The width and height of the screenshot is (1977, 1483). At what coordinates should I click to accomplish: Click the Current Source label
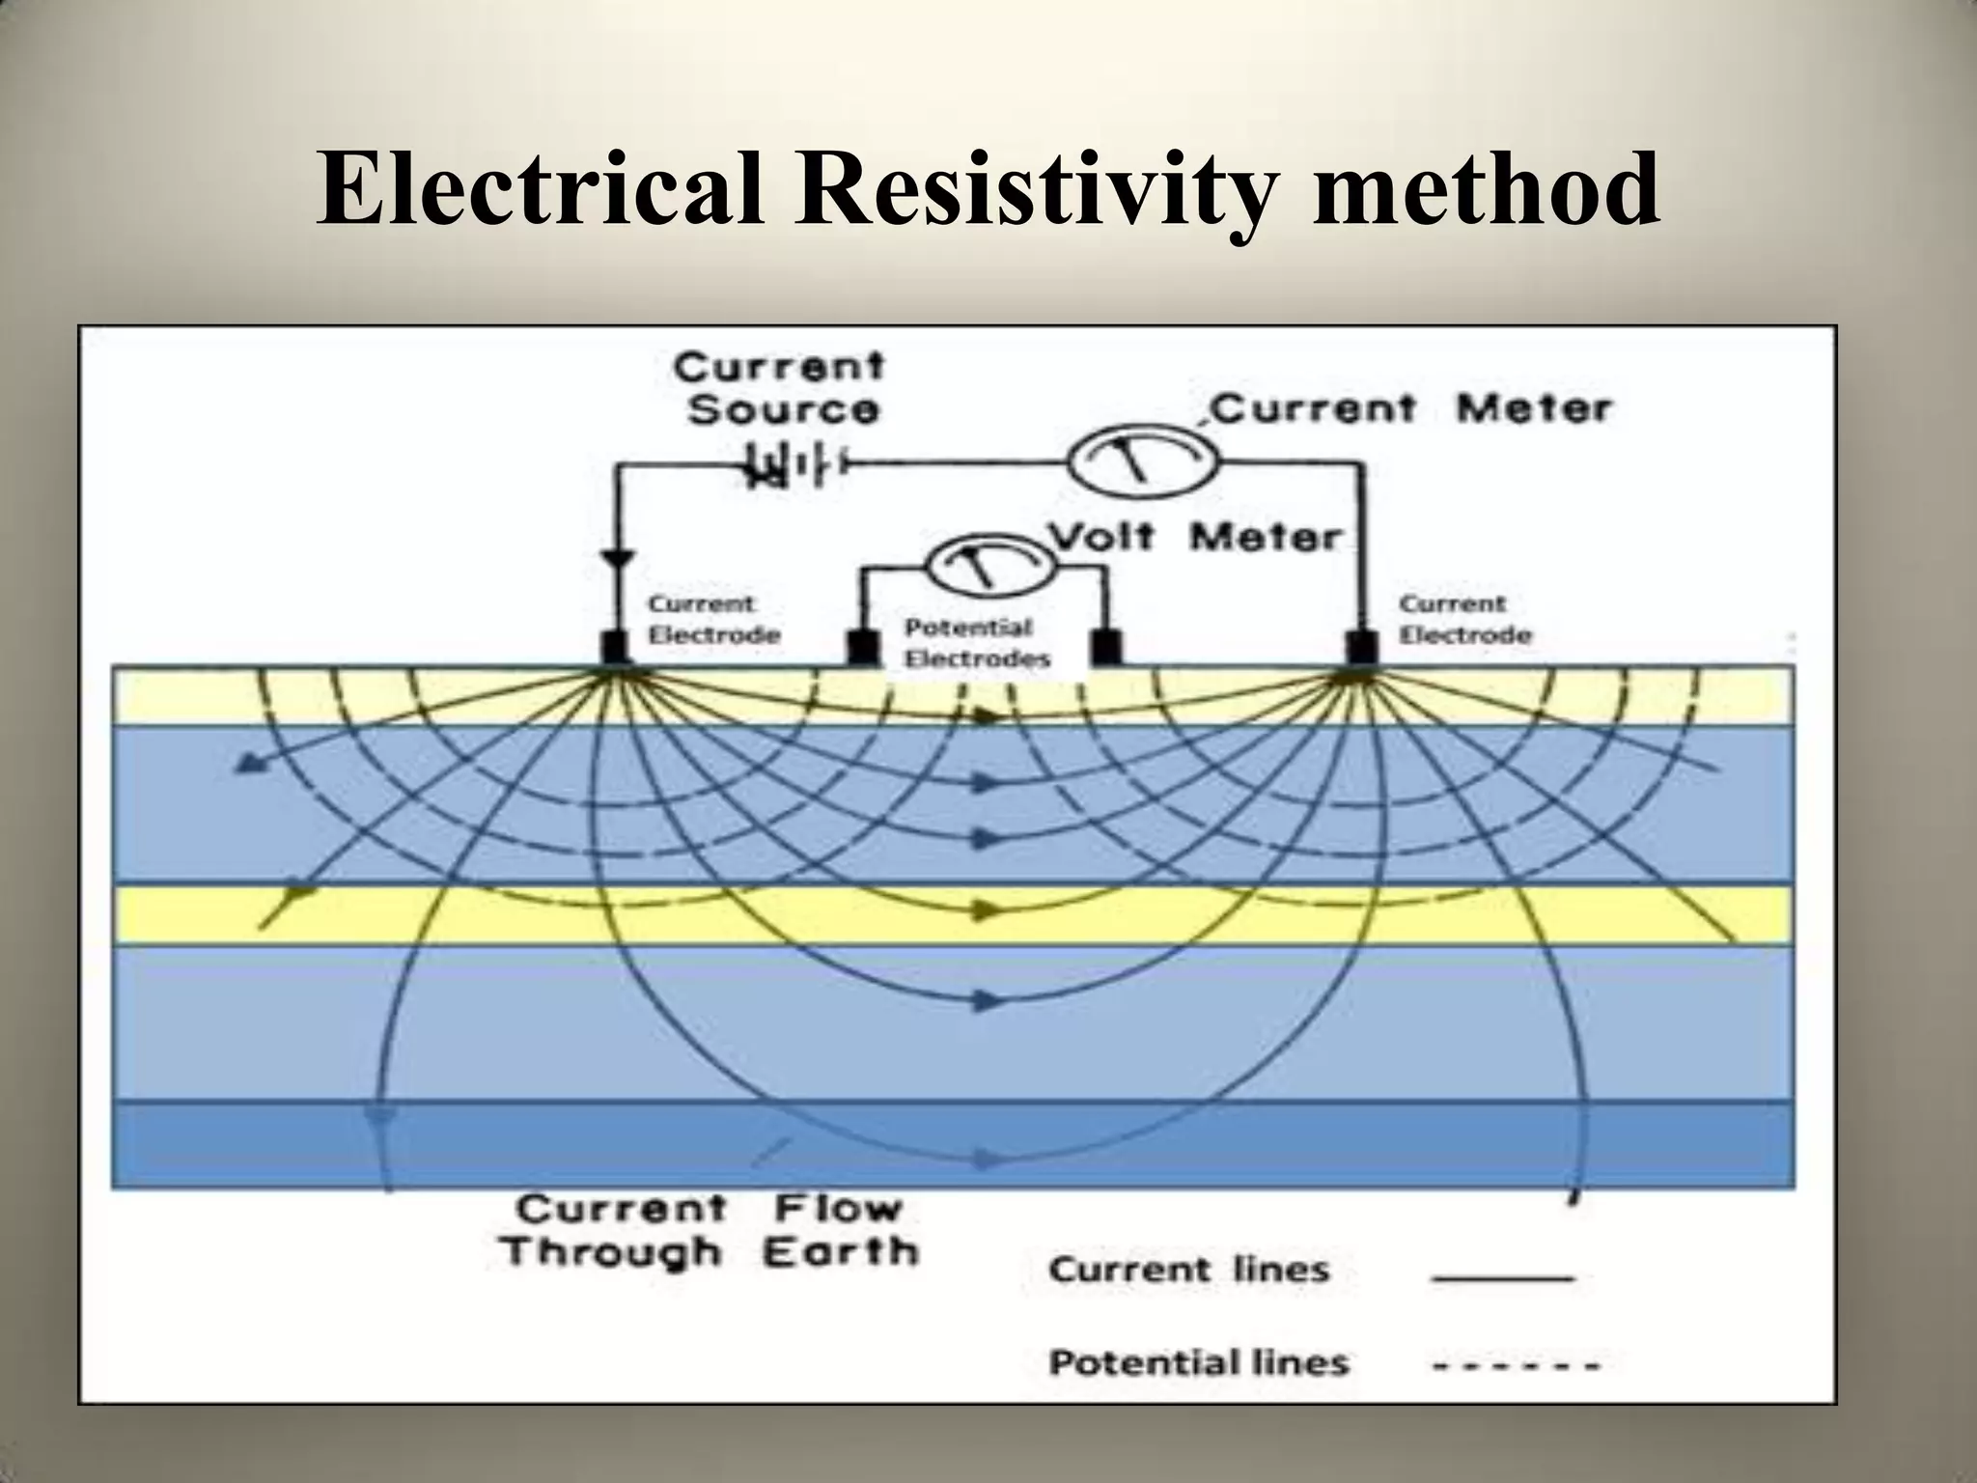(x=780, y=388)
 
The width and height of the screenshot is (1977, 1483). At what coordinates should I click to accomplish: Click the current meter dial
(x=1143, y=462)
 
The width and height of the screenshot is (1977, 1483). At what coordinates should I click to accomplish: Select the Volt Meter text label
(x=1197, y=537)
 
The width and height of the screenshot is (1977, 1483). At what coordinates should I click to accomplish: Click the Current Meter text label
(x=1409, y=408)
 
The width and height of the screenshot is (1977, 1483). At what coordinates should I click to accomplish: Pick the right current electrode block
(x=1363, y=648)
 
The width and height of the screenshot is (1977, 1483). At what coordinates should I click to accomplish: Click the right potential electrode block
(x=1106, y=648)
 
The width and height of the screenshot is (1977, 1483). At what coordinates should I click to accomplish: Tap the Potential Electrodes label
(x=976, y=643)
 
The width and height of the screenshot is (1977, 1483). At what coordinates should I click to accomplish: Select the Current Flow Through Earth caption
(x=710, y=1230)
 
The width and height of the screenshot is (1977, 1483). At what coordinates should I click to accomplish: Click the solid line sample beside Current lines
(x=1504, y=1277)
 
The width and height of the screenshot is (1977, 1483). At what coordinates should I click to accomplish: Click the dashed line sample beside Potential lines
(x=1516, y=1366)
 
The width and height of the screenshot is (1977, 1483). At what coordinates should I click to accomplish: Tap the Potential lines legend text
(x=1198, y=1362)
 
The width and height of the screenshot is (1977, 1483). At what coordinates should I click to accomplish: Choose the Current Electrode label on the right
(x=1464, y=620)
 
